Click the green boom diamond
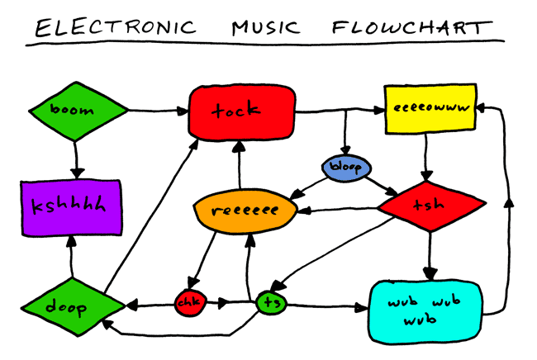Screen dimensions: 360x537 tap(77, 110)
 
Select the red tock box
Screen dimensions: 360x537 tap(241, 110)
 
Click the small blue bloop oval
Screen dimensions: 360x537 tap(345, 168)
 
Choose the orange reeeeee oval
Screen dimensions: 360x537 tap(245, 211)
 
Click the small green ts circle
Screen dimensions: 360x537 tap(270, 303)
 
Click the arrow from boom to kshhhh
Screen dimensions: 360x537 tap(76, 157)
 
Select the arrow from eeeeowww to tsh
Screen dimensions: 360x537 tap(425, 157)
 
